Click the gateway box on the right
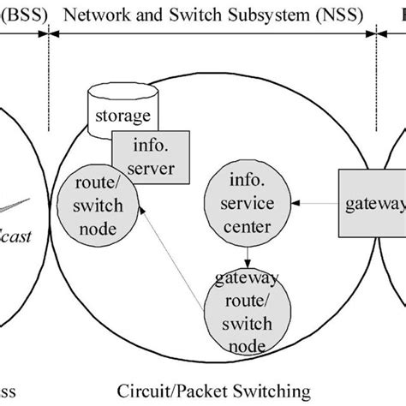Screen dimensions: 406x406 pyautogui.click(x=373, y=204)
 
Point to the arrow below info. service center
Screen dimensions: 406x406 pyautogui.click(x=247, y=254)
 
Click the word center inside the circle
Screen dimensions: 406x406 pyautogui.click(x=246, y=228)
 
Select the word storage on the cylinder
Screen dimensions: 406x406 pyautogui.click(x=119, y=116)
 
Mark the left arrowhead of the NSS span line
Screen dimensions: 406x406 pyautogui.click(x=54, y=33)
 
